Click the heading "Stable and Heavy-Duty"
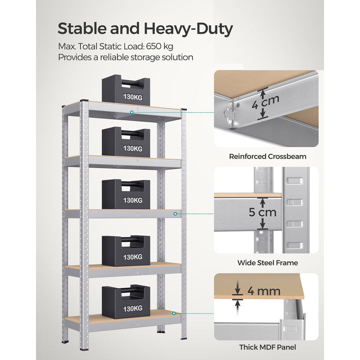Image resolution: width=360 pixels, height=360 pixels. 145,28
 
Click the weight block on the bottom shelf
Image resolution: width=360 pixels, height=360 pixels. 126,301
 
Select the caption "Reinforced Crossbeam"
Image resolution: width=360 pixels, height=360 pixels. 267,156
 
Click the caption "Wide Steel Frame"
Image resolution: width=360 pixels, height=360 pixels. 267,262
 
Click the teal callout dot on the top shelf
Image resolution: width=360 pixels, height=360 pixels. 132,112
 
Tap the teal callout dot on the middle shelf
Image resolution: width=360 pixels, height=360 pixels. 175,214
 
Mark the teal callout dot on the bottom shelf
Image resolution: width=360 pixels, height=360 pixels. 174,313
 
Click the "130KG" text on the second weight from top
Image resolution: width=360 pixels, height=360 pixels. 132,148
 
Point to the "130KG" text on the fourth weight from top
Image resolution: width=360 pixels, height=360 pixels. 132,257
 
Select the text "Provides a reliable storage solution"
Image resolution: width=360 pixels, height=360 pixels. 125,57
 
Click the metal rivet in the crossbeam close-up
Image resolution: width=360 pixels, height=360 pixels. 239,105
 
